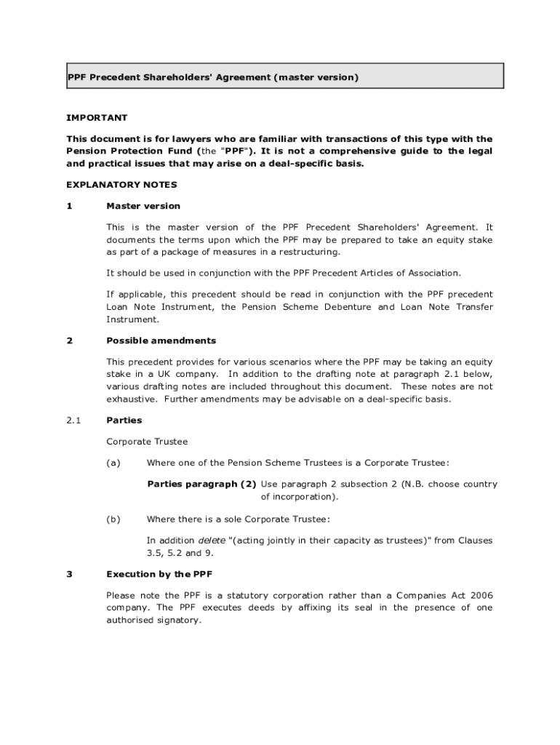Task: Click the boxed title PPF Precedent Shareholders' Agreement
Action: (x=213, y=76)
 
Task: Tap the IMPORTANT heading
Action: (x=97, y=118)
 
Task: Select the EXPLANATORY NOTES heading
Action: (x=121, y=185)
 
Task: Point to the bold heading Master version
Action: (x=143, y=206)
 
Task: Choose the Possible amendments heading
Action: (x=161, y=340)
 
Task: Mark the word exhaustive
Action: (x=132, y=399)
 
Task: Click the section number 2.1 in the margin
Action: (x=73, y=421)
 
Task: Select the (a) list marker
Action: (x=113, y=463)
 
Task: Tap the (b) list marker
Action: (x=113, y=519)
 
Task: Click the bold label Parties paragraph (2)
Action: (x=201, y=484)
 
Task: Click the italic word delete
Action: (x=212, y=541)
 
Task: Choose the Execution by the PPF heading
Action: (x=159, y=574)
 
